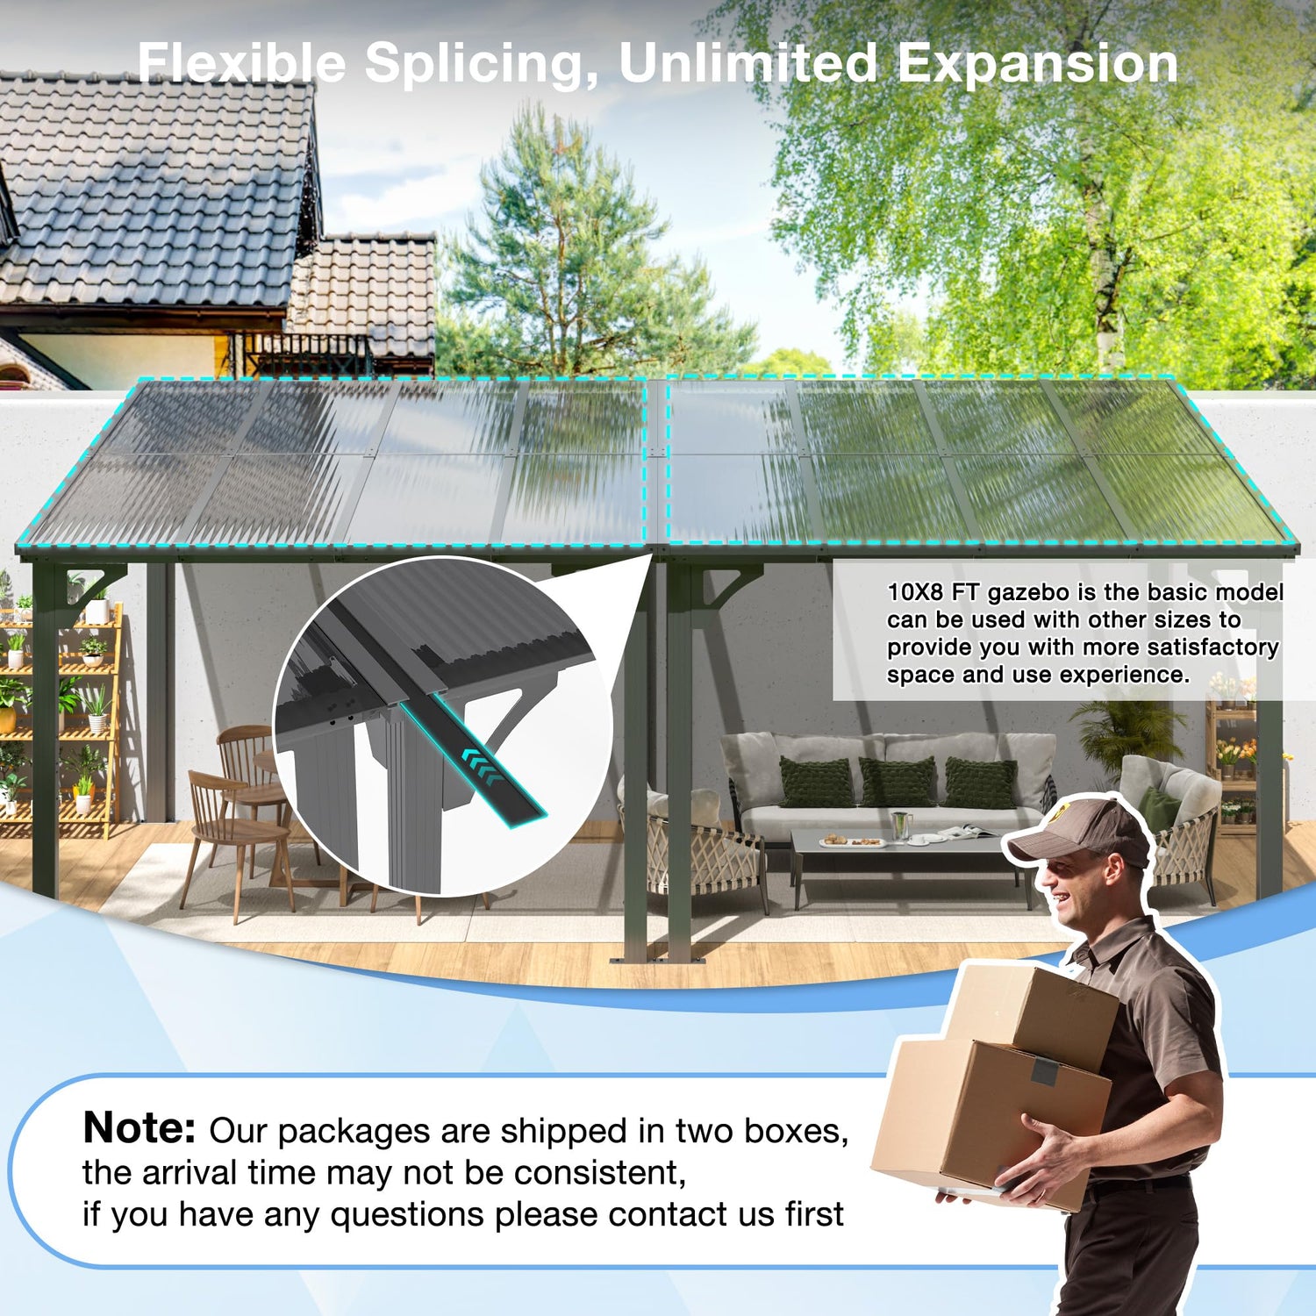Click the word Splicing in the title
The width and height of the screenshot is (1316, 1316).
(x=474, y=65)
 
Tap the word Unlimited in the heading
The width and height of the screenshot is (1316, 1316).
(x=748, y=63)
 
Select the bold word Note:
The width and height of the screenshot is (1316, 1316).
(x=139, y=1127)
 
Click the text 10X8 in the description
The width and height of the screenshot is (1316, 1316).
(x=915, y=593)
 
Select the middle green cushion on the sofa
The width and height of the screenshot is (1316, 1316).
(x=897, y=783)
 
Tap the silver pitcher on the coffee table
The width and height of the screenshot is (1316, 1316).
(x=900, y=826)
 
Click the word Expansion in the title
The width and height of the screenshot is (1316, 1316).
(x=1038, y=65)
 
